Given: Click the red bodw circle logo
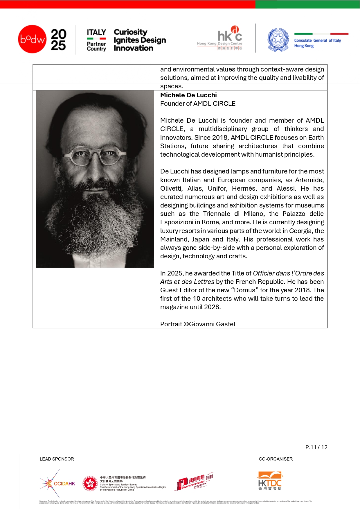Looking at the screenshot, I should tap(32, 39).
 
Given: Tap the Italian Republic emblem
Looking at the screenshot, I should tap(278, 40).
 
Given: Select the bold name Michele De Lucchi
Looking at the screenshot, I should tap(188, 95).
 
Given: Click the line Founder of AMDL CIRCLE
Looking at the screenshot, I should tap(198, 104).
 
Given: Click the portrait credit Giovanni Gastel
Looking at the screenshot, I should tap(212, 324).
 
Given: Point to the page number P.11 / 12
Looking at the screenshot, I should tap(316, 447).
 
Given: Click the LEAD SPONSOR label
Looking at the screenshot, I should tap(57, 459).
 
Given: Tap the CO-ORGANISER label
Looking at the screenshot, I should tap(276, 459).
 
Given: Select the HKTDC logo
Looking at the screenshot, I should tap(270, 481).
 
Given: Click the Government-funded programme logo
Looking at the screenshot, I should tap(194, 482).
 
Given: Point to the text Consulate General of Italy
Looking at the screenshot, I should tap(317, 41).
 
